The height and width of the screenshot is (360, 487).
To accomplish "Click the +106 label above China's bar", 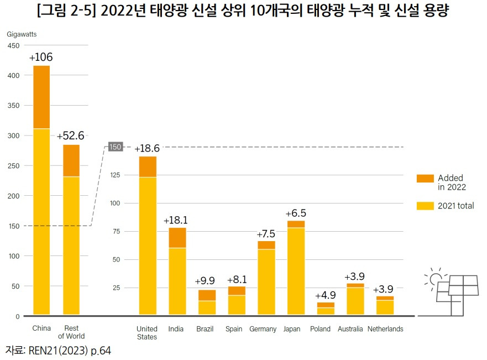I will coord(41,58).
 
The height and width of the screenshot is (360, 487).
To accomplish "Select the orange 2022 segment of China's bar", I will coord(41,97).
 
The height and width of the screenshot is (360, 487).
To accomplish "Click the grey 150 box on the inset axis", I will coord(114,147).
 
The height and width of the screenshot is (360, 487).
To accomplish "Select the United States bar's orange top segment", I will coord(148,166).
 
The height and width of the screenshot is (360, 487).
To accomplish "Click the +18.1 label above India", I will coord(177,221).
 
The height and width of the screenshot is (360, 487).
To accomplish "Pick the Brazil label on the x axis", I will coord(205,329).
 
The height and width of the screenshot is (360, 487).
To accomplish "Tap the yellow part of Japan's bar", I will coord(296,271).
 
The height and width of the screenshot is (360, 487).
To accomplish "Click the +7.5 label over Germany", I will coord(266,234).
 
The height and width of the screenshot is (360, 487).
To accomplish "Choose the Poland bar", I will coord(326,309).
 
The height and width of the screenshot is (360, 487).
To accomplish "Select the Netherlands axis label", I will coord(385,329).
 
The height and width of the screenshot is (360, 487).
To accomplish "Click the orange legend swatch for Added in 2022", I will coord(425,178).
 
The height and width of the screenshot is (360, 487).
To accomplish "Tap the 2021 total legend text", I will coord(455,206).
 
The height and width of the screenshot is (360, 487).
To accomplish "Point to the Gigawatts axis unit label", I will coord(22,34).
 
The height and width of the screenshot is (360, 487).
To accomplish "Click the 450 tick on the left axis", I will coord(13,45).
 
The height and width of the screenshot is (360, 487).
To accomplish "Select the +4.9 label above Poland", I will coord(326,295).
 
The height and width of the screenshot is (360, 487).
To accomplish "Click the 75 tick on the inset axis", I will coord(116,231).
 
